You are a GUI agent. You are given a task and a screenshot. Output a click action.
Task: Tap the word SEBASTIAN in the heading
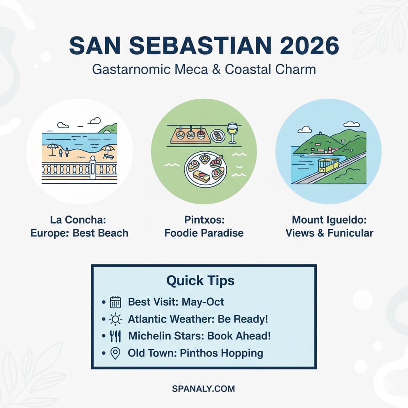(x=200, y=45)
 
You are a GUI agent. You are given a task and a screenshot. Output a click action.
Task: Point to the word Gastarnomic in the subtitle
(x=131, y=70)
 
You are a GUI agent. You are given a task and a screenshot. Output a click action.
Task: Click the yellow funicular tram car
(x=328, y=165)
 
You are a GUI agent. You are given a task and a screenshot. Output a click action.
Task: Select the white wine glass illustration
(x=232, y=133)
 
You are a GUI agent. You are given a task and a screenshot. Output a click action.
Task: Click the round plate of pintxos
(x=206, y=169)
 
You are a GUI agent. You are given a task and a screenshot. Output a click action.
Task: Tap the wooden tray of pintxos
(x=190, y=135)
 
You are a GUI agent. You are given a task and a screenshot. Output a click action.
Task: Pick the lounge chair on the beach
(x=108, y=157)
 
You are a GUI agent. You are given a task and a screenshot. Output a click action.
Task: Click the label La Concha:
(x=78, y=220)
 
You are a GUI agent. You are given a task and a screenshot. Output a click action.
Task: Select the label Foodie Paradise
(x=204, y=233)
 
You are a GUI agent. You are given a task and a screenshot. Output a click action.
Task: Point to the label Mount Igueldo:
(x=329, y=220)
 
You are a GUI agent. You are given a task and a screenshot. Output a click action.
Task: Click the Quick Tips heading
(x=200, y=281)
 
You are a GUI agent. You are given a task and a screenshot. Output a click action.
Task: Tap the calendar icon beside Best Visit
(x=115, y=302)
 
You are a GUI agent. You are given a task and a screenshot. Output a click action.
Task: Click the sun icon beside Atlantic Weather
(x=115, y=319)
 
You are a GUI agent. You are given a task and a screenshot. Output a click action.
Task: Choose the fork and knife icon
(x=115, y=336)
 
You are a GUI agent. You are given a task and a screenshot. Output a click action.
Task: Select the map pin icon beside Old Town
(x=115, y=353)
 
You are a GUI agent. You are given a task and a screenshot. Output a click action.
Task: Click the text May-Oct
(x=203, y=302)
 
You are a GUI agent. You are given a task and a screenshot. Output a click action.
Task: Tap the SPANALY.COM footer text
(x=204, y=389)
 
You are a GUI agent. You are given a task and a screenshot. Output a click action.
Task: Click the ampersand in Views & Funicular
(x=321, y=233)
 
